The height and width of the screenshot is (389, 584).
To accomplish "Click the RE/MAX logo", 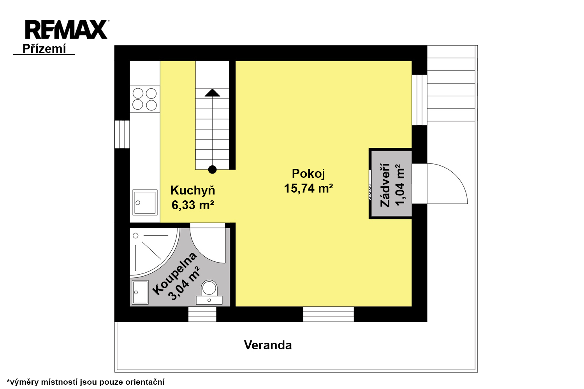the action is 67,30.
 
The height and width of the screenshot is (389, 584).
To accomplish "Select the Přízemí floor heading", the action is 44,49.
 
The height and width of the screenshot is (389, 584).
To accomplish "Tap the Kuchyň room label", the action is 193,191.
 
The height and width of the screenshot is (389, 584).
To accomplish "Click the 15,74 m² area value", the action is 308,188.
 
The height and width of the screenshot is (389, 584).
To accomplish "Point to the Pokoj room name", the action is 308,174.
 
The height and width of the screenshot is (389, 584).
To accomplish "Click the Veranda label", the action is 268,345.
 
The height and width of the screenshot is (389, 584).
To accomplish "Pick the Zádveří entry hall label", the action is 385,185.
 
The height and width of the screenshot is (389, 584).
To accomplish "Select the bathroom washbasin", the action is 140,293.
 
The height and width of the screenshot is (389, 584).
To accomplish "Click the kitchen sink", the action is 145,202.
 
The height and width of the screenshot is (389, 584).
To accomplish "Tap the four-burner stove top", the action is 145,99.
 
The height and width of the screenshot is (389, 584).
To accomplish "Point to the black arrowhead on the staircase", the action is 212,93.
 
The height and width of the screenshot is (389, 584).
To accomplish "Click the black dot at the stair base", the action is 213,170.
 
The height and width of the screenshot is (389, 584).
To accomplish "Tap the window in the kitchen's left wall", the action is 122,135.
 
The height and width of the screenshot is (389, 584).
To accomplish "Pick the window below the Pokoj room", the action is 329,314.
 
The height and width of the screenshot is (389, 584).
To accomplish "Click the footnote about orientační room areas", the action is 86,382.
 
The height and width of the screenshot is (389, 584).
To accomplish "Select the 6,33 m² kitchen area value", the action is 193,205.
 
